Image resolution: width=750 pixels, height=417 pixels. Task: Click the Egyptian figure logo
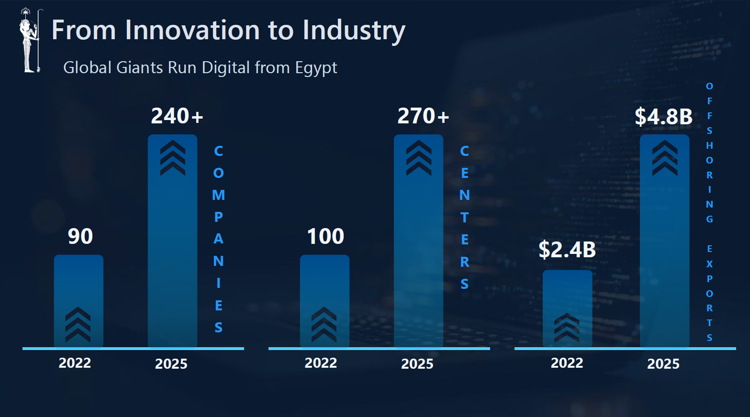pos(30,41)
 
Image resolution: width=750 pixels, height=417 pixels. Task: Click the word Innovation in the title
pos(192,30)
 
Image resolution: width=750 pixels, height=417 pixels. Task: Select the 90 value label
pos(80,236)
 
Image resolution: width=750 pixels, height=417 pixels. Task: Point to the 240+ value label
pos(177,116)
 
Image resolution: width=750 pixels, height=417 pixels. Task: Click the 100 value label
pos(325,236)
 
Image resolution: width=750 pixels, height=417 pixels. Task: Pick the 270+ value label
pos(423,116)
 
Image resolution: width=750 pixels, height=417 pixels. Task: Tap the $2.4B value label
pos(567,250)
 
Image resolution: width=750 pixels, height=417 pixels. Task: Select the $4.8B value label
pos(663,117)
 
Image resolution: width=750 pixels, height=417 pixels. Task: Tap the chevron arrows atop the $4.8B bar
pos(664,158)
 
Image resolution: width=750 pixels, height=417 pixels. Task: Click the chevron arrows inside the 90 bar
pos(78,324)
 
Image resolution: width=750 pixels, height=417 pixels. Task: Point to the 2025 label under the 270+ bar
pos(417,364)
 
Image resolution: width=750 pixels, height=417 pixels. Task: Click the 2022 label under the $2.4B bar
pos(567,363)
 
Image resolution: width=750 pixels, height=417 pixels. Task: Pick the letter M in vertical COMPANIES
pos(218,195)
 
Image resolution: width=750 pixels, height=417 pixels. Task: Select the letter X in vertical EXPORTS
pos(709,264)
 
